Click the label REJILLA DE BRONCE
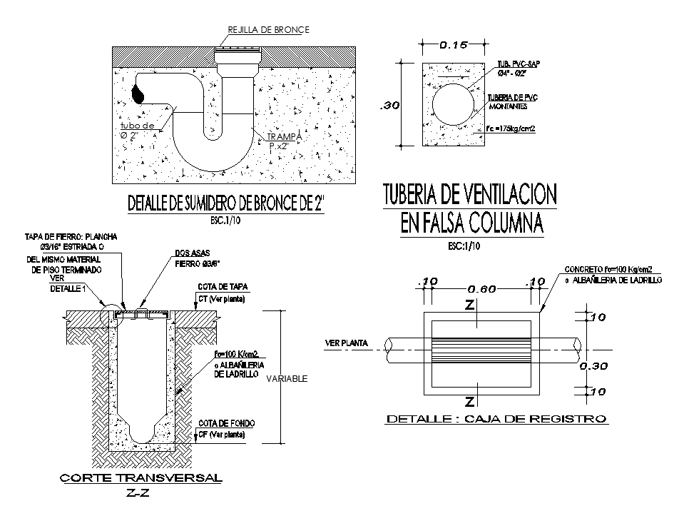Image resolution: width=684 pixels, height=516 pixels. click(x=268, y=29)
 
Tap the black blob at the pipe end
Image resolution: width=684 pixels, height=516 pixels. click(x=138, y=92)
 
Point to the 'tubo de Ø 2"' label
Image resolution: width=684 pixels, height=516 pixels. click(x=137, y=131)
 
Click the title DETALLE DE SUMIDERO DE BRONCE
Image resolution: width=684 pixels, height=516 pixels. click(x=225, y=203)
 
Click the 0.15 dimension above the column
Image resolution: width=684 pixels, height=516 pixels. click(x=453, y=45)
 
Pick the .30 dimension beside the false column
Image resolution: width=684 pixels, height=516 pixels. click(x=389, y=106)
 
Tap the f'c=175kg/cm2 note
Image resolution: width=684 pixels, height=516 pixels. click(x=511, y=128)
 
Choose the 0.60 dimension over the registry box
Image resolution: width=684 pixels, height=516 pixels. click(x=481, y=289)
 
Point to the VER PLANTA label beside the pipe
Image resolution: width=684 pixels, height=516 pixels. click(x=347, y=343)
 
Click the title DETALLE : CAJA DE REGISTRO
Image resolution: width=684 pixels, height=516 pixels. click(x=496, y=419)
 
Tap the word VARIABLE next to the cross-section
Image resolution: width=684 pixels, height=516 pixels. click(x=287, y=379)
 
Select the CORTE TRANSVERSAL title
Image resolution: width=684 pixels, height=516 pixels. click(x=141, y=477)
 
